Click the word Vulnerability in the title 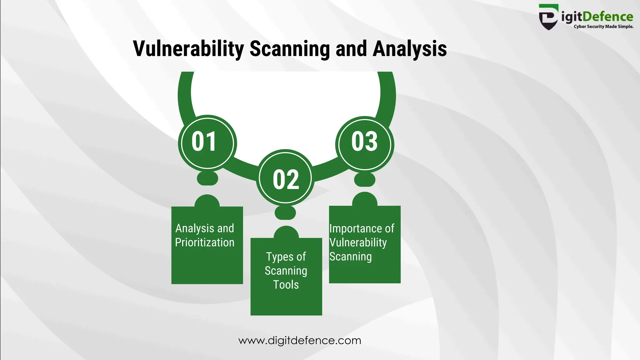(188, 49)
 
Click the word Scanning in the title (289, 49)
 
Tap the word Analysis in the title (409, 49)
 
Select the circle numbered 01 (207, 143)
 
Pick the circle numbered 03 (365, 144)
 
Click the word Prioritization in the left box (204, 242)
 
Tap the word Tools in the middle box (286, 285)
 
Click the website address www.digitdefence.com (300, 340)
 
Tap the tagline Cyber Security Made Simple (603, 27)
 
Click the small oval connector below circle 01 (207, 178)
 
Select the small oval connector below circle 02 (285, 213)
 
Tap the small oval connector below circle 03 (364, 180)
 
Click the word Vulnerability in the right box (358, 242)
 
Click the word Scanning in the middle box (286, 271)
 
